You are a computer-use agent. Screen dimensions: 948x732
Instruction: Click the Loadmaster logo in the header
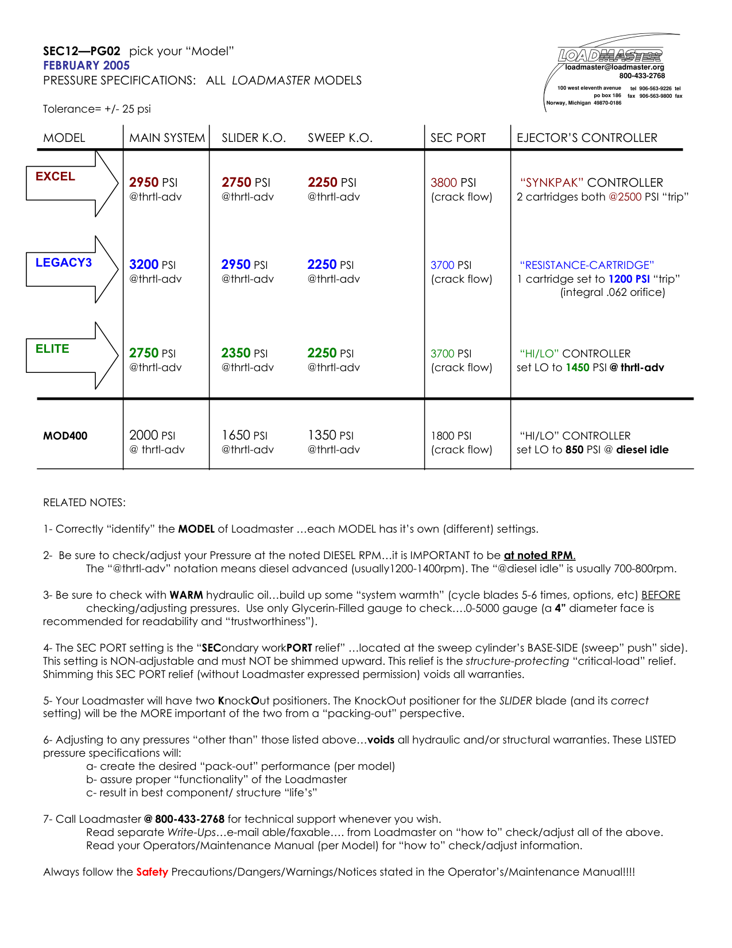tap(610, 55)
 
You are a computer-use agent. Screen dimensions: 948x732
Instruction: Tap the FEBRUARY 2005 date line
tap(86, 65)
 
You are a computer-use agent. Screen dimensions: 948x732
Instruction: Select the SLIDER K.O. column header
tap(254, 138)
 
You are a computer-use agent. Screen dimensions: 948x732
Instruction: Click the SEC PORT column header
tap(458, 138)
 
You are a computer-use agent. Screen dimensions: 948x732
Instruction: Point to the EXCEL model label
tap(55, 176)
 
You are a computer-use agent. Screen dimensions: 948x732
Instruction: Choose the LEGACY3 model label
tap(63, 263)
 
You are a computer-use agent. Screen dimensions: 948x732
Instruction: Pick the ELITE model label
tap(52, 349)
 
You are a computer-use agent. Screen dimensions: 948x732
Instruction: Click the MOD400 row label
tap(65, 436)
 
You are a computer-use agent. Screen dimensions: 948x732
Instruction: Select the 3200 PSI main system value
tap(152, 265)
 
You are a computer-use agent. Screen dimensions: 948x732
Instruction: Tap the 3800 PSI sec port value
tap(453, 183)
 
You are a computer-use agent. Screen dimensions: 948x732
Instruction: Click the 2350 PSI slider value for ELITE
tap(244, 353)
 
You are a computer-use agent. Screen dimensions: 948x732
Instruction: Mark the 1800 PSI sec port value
tap(451, 436)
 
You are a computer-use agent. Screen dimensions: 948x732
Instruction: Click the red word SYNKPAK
tap(552, 183)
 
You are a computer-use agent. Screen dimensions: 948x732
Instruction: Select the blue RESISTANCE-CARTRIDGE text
tap(587, 265)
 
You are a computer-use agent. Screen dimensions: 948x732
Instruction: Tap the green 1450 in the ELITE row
tap(577, 368)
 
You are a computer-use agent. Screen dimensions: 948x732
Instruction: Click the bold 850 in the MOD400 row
tap(574, 450)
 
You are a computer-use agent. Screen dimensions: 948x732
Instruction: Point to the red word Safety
tap(152, 872)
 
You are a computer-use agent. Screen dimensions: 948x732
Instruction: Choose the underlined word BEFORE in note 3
tap(660, 595)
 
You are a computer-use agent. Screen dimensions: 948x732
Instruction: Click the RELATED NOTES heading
tap(84, 503)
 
